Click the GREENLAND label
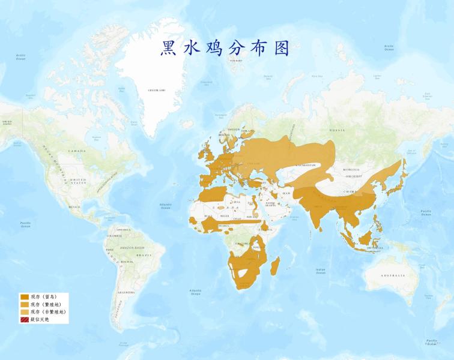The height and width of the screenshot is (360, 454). point(157,91)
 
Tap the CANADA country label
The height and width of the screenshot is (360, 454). point(76,151)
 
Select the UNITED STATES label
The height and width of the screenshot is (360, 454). point(78,181)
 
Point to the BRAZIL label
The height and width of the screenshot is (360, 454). point(145,256)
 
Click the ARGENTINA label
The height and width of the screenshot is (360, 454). point(126,292)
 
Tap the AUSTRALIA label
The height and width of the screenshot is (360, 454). point(393,275)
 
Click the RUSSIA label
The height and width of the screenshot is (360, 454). point(337,130)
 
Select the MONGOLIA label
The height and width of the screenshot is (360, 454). point(351,170)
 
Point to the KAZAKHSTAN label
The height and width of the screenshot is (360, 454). point(306,165)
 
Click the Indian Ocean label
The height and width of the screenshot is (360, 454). point(321,271)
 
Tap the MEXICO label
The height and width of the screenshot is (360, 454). point(75,207)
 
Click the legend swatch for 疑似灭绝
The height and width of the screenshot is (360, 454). point(25,319)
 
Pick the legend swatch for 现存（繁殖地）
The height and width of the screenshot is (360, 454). point(25,304)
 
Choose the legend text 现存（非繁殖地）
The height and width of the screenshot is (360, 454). point(48,312)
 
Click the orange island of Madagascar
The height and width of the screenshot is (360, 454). point(275,266)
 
